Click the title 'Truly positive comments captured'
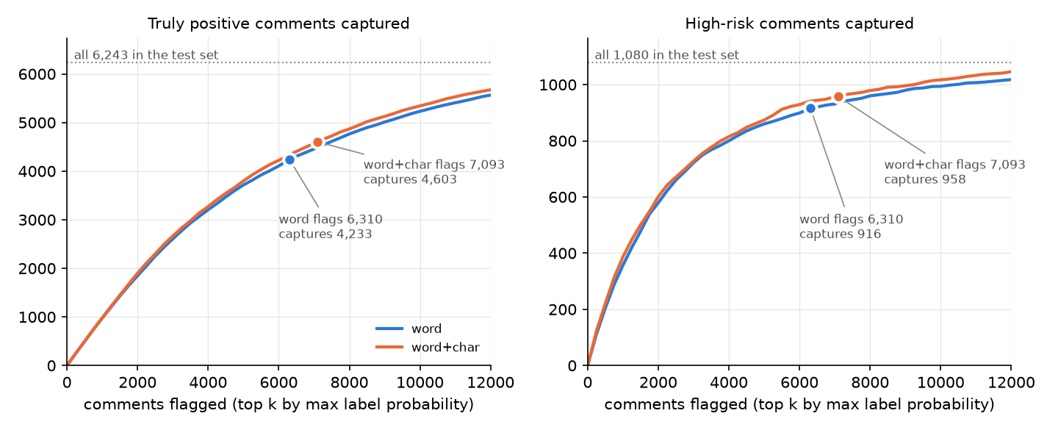[278, 24]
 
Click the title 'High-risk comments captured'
[799, 24]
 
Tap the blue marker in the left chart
[289, 160]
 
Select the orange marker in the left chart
[317, 143]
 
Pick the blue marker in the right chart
[810, 109]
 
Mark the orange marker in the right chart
[838, 97]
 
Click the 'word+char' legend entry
[428, 347]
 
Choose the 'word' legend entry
[409, 329]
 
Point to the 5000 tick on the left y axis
[37, 123]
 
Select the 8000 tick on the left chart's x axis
[349, 382]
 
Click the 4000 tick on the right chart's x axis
[729, 382]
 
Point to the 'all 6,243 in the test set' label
[146, 55]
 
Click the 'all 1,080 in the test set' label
[666, 55]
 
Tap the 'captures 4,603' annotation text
[410, 179]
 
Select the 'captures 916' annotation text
[840, 234]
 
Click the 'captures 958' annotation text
[925, 179]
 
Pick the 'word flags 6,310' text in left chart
[331, 219]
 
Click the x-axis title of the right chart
[799, 404]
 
